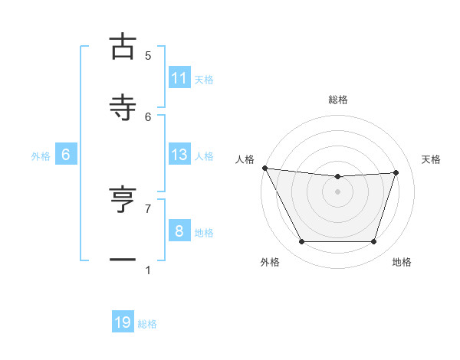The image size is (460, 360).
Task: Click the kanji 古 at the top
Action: (x=123, y=47)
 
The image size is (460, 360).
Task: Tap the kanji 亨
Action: (x=123, y=201)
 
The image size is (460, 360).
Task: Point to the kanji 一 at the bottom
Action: (x=123, y=260)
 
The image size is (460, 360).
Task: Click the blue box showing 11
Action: (x=179, y=77)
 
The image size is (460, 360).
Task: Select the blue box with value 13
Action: (x=179, y=155)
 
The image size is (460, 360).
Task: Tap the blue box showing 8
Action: (x=179, y=231)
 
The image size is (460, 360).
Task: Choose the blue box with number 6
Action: (x=66, y=155)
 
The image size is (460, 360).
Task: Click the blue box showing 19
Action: (x=123, y=322)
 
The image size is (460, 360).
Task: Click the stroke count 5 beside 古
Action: (x=148, y=55)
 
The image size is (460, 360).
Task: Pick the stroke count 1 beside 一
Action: (x=148, y=270)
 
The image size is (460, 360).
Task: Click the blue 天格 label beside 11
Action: (x=204, y=79)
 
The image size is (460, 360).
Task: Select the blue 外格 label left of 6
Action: (x=41, y=156)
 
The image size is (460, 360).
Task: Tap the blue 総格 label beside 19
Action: (x=147, y=324)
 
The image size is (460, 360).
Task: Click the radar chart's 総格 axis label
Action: (x=338, y=100)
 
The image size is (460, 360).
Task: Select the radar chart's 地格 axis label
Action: (x=402, y=263)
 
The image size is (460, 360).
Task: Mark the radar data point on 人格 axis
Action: (x=264, y=168)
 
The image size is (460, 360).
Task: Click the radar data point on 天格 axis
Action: (x=396, y=172)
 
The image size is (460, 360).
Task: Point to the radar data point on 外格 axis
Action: (x=301, y=242)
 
